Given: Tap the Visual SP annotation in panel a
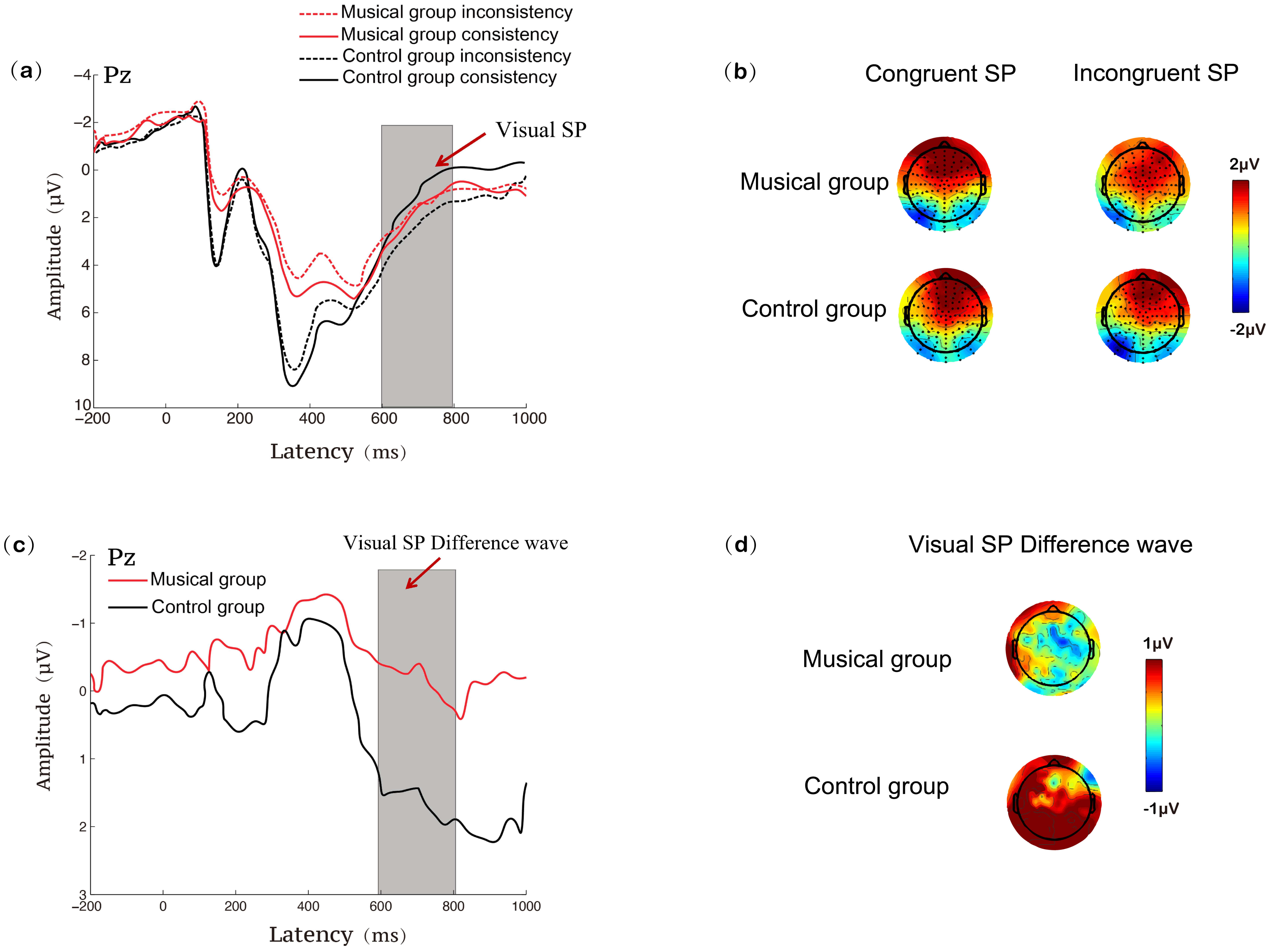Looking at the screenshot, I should coord(540,130).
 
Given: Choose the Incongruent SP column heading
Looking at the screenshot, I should coord(1155,73).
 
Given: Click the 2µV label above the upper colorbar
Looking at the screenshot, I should coord(1244,165).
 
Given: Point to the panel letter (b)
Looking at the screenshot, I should coord(740,72).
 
